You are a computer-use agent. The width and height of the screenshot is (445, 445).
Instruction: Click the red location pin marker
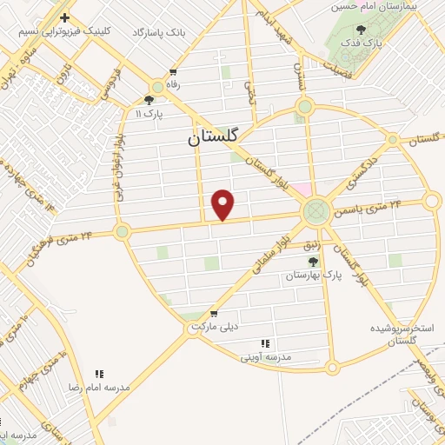[223, 204]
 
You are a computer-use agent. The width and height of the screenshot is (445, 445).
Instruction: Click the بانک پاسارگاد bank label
[162, 32]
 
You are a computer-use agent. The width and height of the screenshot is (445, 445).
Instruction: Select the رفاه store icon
[173, 73]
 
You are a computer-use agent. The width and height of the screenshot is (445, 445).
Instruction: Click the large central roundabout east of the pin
[316, 210]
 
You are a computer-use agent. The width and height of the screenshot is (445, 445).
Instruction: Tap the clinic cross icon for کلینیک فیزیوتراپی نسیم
[65, 17]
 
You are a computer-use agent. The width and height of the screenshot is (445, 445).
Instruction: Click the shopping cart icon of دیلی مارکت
[214, 314]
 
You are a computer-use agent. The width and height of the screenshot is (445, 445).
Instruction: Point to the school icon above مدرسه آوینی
[264, 344]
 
